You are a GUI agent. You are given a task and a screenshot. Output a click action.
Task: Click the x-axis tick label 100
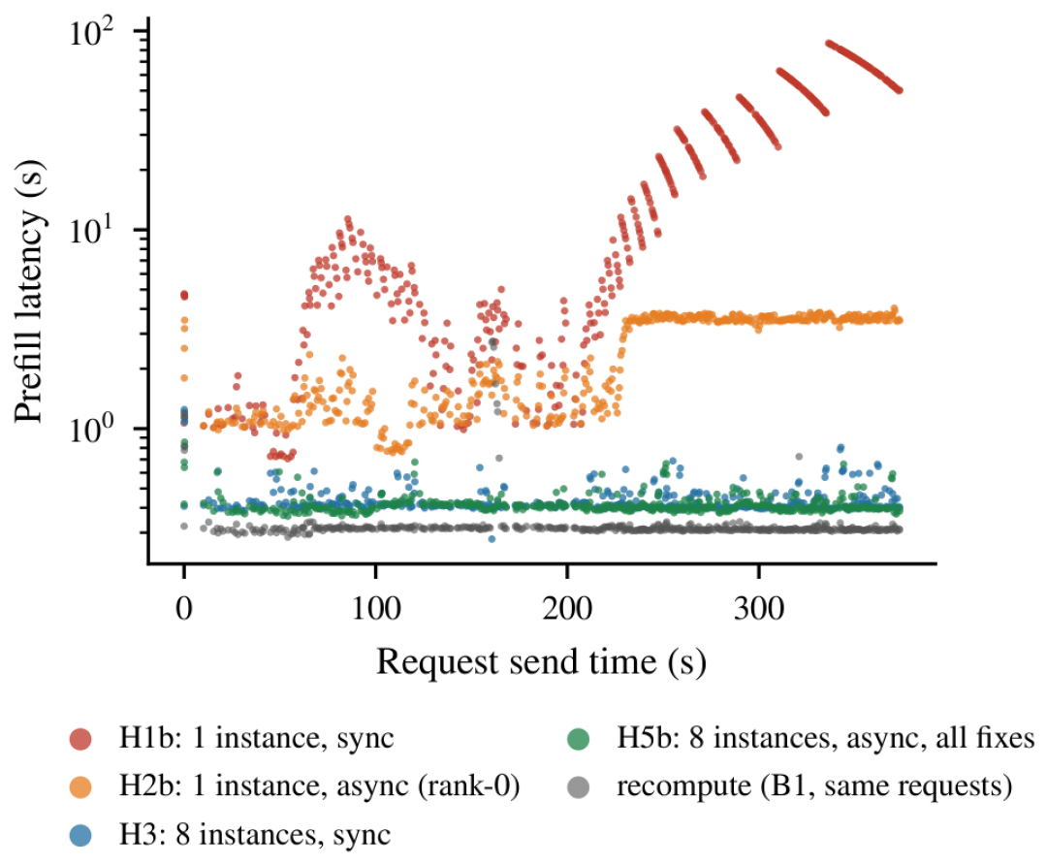[x=376, y=608]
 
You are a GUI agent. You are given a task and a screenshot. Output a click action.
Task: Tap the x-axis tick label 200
[x=567, y=608]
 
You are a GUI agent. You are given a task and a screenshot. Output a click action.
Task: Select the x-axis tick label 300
[x=758, y=608]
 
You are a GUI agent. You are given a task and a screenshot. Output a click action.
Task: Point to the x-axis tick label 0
[x=184, y=608]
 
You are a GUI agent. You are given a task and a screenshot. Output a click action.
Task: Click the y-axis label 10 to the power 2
[x=92, y=32]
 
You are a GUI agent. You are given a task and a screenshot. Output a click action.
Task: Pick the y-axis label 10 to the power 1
[x=92, y=231]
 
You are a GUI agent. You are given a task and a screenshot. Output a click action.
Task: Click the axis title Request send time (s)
[x=542, y=662]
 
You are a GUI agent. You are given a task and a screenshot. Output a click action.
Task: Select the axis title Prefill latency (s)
[x=28, y=291]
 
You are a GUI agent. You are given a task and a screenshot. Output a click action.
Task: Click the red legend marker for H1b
[x=80, y=739]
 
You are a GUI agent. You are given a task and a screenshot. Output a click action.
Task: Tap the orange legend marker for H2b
[x=80, y=786]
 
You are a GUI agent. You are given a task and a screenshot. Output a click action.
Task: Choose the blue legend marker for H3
[x=80, y=835]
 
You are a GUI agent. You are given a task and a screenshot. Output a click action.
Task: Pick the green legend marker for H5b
[x=578, y=739]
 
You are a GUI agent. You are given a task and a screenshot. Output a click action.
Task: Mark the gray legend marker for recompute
[x=578, y=786]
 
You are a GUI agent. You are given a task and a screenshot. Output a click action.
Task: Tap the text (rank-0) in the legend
[x=469, y=786]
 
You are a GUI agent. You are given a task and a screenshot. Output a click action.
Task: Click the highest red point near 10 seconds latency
[x=348, y=219]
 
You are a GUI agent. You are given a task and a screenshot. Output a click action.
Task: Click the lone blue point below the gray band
[x=492, y=539]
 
